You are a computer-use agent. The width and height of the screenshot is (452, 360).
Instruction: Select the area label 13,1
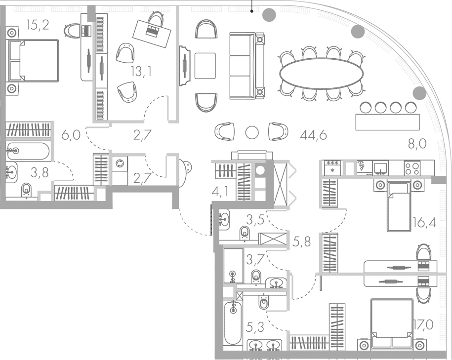141,72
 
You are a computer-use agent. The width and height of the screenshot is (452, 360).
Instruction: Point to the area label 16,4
424,223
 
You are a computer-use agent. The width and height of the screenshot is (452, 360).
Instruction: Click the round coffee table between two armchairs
252,132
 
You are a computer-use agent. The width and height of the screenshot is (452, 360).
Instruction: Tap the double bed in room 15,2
33,61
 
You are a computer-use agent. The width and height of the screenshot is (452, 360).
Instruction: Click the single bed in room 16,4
399,206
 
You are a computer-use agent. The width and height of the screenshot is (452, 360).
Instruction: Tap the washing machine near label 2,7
120,164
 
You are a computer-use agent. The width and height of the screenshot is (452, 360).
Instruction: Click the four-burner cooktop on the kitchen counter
412,168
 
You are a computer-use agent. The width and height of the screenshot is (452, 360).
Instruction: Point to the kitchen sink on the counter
380,168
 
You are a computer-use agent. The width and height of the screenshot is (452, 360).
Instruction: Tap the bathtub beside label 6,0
28,151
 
